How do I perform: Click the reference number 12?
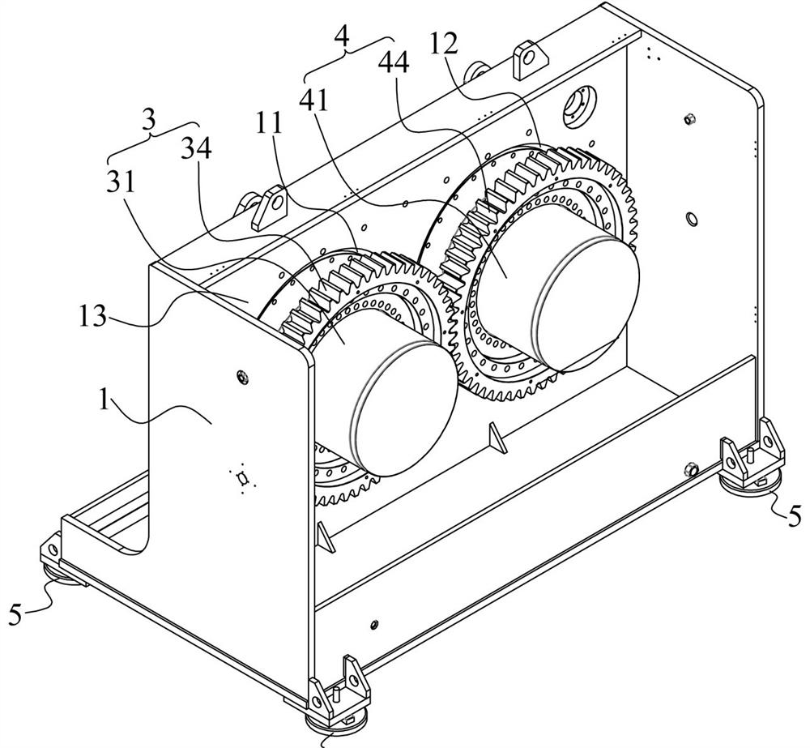(444, 45)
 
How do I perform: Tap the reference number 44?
(394, 63)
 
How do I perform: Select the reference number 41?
(314, 100)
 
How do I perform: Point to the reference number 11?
(271, 124)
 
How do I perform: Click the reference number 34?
(196, 149)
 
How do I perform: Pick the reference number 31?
(121, 182)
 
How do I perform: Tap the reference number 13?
(93, 316)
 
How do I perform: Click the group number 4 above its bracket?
(342, 36)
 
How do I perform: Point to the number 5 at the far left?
(16, 616)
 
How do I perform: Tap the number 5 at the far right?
(794, 515)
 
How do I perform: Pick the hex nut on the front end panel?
(241, 376)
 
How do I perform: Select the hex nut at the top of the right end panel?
(688, 121)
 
